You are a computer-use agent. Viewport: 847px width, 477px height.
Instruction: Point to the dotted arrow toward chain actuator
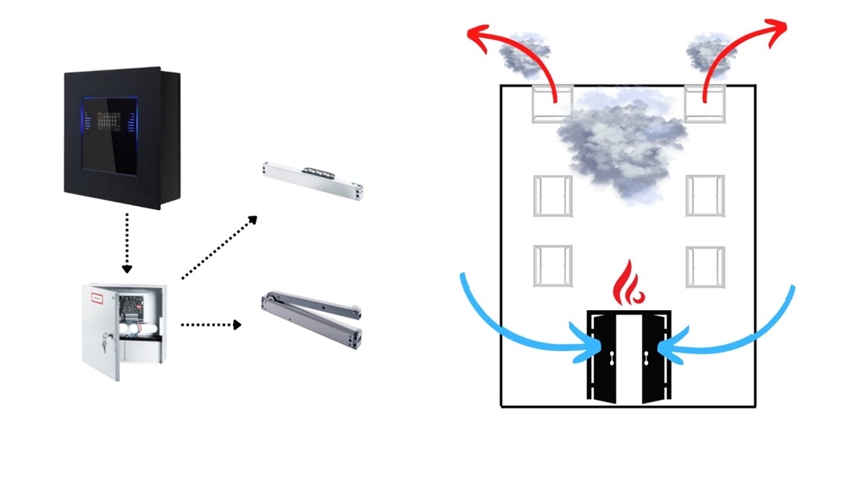pyautogui.click(x=219, y=247)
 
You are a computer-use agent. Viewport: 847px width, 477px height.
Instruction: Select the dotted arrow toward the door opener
pyautogui.click(x=212, y=324)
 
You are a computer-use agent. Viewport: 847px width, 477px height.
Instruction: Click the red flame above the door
pyautogui.click(x=628, y=282)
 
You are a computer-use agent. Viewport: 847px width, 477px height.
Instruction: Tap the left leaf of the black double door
pyautogui.click(x=606, y=357)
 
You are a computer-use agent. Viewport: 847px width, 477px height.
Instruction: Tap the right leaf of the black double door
pyautogui.click(x=651, y=357)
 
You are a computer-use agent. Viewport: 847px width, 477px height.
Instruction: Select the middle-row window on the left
pyautogui.click(x=552, y=196)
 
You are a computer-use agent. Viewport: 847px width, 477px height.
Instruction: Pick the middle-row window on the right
pyautogui.click(x=705, y=196)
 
